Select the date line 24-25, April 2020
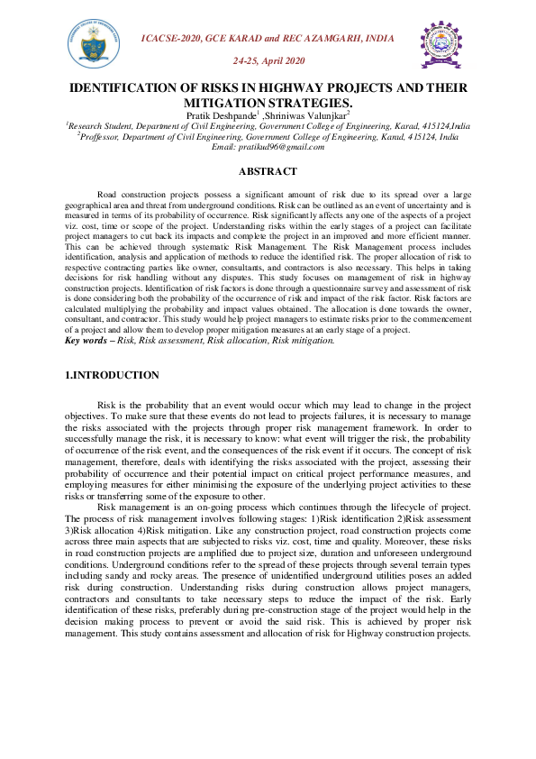(x=269, y=60)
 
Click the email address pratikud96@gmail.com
(x=268, y=146)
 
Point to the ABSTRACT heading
(x=267, y=171)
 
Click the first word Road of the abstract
(x=106, y=195)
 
